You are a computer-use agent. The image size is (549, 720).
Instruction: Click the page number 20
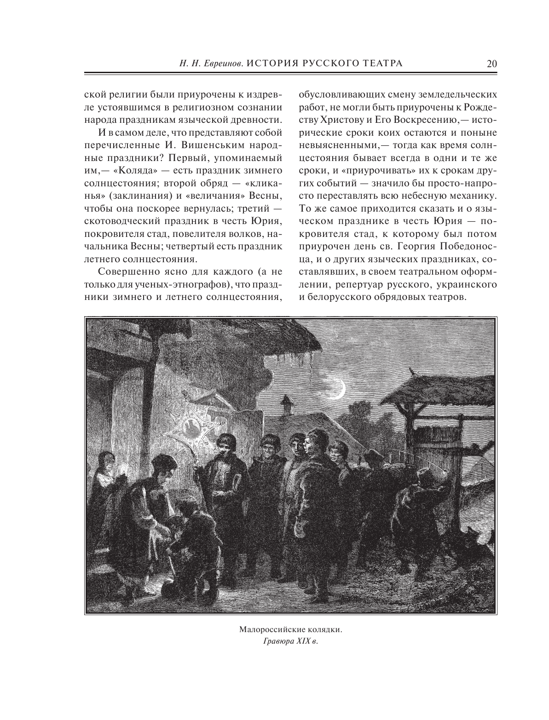[x=491, y=64]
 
